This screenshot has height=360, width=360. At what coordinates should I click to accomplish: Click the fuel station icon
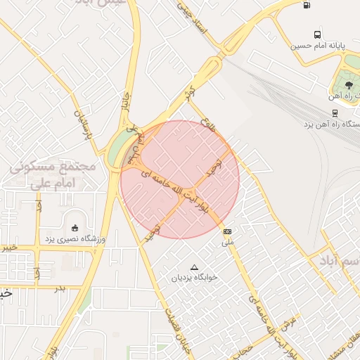pos(306,6)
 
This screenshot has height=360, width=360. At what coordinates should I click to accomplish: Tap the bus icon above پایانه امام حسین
pos(318,34)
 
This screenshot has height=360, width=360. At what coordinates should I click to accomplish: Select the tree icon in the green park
pos(349,84)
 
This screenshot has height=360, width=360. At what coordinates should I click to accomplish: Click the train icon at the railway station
pos(335,112)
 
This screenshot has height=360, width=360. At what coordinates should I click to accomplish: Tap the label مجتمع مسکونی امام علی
pos(53,176)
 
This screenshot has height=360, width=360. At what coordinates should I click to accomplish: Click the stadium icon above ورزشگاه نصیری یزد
pos(75,227)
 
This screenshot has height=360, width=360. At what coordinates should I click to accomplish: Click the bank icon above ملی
pos(227,231)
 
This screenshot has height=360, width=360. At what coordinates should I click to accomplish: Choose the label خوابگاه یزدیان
pos(195,278)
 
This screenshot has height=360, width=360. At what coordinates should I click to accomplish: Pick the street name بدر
pos(60,288)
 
